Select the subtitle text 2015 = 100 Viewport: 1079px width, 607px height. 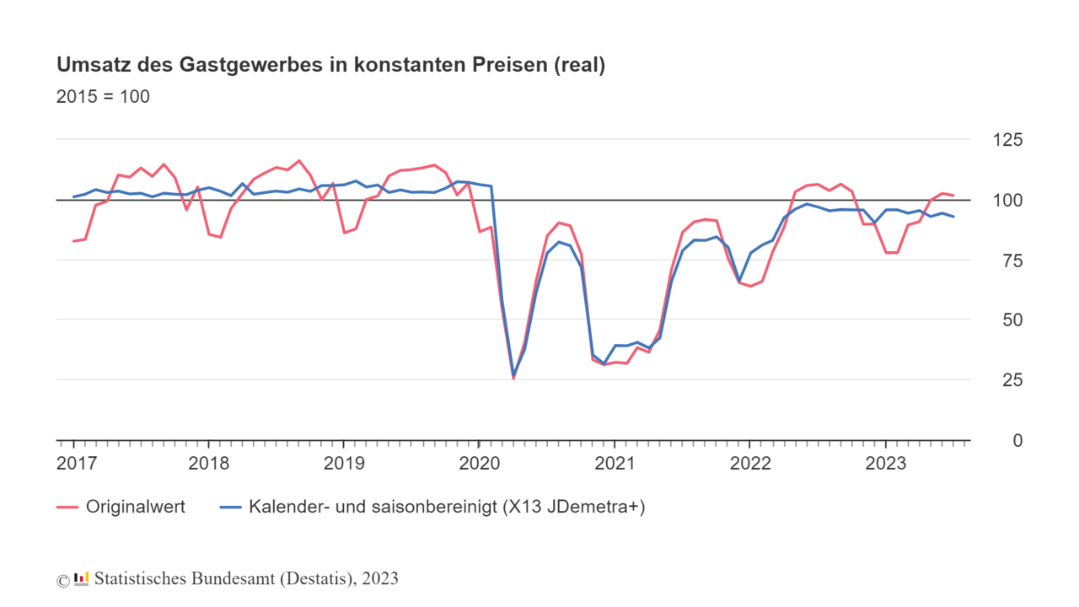click(x=103, y=97)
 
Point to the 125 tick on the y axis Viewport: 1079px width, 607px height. click(x=1005, y=140)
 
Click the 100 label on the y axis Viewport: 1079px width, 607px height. click(x=1005, y=200)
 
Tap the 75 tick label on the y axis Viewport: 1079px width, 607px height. click(x=1010, y=261)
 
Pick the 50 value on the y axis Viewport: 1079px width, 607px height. click(x=1010, y=320)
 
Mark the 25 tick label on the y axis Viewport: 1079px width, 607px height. click(x=1010, y=380)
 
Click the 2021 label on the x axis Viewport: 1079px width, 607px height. click(x=615, y=463)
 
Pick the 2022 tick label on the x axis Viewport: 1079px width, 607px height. click(x=750, y=463)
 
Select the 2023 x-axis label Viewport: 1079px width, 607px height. click(x=885, y=463)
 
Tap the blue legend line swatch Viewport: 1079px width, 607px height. click(x=230, y=507)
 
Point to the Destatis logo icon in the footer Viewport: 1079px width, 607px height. click(x=82, y=578)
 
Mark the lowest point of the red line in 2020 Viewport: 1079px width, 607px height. click(x=513, y=379)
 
